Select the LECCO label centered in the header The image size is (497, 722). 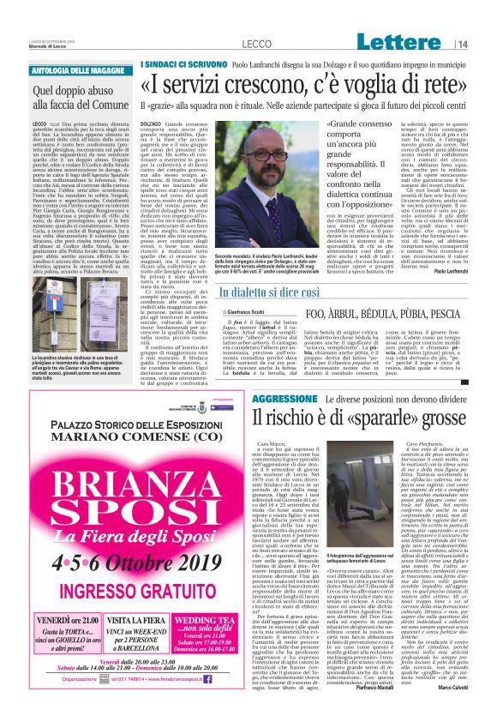[x=256, y=44]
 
